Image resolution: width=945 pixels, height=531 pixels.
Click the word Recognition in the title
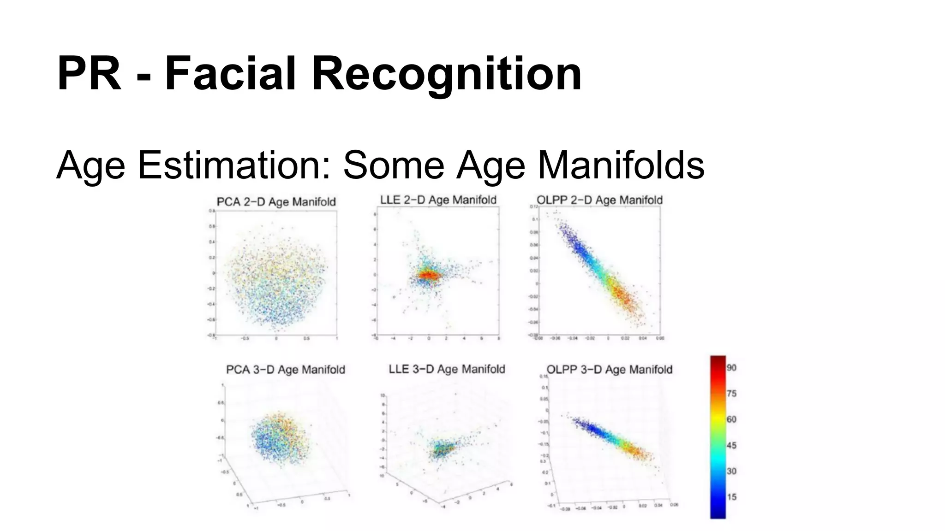click(446, 74)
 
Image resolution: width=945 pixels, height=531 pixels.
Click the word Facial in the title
click(230, 74)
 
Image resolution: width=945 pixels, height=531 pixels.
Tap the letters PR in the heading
click(89, 74)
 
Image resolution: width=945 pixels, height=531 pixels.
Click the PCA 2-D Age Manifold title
click(276, 202)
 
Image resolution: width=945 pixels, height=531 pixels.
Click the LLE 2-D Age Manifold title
click(438, 200)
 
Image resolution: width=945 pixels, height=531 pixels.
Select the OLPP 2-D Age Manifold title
click(599, 200)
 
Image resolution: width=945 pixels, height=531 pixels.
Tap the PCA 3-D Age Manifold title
click(285, 370)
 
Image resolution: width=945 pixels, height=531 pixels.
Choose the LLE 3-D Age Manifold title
click(447, 369)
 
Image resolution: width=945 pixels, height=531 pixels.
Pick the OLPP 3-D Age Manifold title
click(609, 370)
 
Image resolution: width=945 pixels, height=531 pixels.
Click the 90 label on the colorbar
click(731, 368)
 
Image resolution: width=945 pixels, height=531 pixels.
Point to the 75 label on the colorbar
click(731, 394)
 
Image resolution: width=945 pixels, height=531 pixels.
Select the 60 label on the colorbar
click(731, 419)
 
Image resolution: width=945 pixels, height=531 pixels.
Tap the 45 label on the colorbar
click(731, 445)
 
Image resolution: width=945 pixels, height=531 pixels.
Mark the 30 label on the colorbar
click(731, 471)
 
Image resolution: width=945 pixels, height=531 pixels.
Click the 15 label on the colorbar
click(731, 497)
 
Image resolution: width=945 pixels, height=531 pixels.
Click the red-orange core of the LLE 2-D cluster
click(428, 275)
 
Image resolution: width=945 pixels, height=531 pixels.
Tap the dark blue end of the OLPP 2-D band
click(568, 235)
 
